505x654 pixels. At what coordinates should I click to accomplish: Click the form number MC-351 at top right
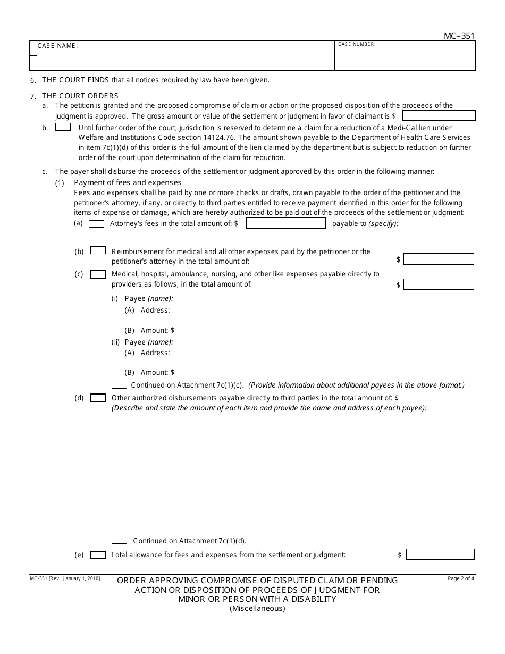(459, 36)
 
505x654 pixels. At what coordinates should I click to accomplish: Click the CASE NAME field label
(57, 46)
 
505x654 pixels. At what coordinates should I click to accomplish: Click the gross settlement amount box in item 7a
(439, 115)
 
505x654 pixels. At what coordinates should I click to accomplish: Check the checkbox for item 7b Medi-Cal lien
(63, 127)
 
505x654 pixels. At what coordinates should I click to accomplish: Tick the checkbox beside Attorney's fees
(96, 224)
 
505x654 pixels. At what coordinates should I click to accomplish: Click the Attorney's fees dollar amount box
(286, 224)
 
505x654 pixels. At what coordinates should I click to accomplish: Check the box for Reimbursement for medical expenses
(98, 250)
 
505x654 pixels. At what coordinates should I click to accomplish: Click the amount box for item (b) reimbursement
(439, 259)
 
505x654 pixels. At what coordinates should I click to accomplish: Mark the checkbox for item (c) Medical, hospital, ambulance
(98, 274)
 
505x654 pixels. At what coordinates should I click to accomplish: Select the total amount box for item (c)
(439, 284)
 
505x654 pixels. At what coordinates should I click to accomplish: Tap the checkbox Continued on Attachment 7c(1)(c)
(119, 384)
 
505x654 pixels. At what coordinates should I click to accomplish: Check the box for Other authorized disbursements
(98, 398)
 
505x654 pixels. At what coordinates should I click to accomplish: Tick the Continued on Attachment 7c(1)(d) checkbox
(119, 540)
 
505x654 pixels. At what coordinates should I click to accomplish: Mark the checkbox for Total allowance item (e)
(98, 555)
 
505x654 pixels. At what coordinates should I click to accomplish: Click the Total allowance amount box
(440, 555)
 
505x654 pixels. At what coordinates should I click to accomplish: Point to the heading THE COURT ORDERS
(80, 96)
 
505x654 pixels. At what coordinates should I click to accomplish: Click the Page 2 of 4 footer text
(461, 578)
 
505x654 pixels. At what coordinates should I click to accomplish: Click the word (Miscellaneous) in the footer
(257, 609)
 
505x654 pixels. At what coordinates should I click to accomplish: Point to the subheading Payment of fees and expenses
(128, 182)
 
